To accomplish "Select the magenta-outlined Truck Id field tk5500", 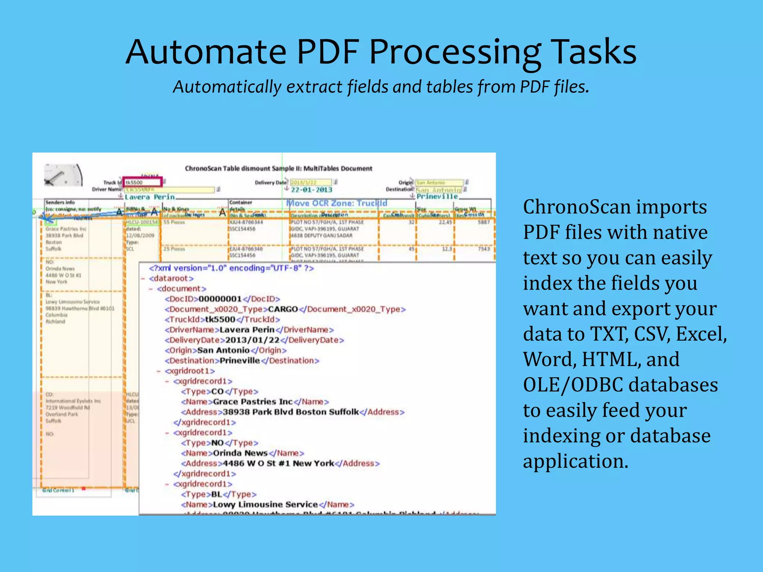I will click(x=143, y=182).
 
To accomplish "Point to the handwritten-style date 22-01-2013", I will click(x=311, y=190).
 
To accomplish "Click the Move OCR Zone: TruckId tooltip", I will click(x=336, y=203).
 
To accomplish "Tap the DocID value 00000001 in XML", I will click(x=220, y=299).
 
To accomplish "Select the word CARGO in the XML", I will click(x=283, y=309).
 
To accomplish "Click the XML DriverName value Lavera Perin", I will click(x=247, y=330).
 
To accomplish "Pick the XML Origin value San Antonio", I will click(x=223, y=350).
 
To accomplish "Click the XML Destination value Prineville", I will click(x=240, y=361).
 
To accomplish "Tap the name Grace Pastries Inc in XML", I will click(x=253, y=402).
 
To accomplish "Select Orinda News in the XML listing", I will click(x=240, y=453).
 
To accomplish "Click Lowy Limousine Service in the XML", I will click(x=265, y=505).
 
